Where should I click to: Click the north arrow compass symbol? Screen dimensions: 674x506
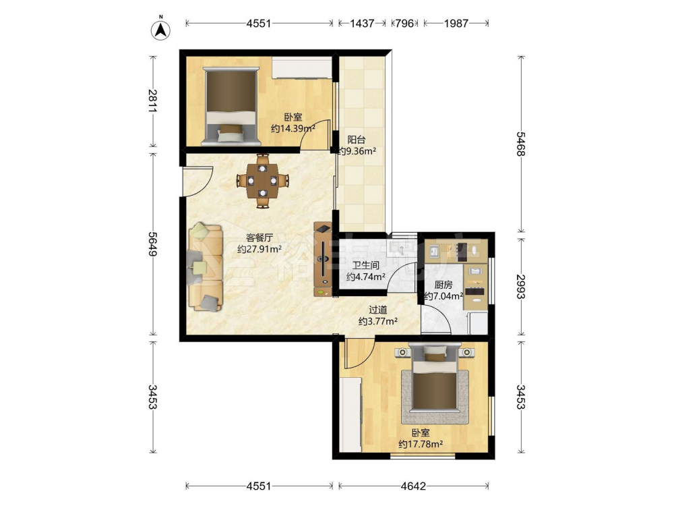[161, 29]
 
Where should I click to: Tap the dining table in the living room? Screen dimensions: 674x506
[262, 181]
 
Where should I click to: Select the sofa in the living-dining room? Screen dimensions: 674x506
[205, 266]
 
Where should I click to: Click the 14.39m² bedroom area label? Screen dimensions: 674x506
[293, 128]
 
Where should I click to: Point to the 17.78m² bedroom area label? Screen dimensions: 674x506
[421, 444]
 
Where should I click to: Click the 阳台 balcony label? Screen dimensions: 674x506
[357, 140]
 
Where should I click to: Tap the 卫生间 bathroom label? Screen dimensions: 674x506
[365, 266]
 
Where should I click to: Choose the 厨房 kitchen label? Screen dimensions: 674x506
[443, 285]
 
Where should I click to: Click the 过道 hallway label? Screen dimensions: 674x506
[378, 310]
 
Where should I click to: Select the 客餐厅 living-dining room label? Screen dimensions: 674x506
[259, 237]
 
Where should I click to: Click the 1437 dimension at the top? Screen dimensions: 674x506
[362, 23]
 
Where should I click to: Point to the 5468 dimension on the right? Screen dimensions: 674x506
[521, 144]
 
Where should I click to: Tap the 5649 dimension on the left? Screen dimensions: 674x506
[152, 244]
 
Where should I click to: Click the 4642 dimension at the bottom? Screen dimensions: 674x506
[413, 486]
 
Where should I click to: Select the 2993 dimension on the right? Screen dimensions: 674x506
[521, 287]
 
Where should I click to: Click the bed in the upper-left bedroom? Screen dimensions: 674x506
[232, 105]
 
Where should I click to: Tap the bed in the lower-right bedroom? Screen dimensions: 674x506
[435, 381]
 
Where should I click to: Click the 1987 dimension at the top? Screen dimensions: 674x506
[456, 23]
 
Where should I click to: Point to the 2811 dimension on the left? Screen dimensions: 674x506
[152, 101]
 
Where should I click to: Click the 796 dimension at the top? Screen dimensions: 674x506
[404, 23]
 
